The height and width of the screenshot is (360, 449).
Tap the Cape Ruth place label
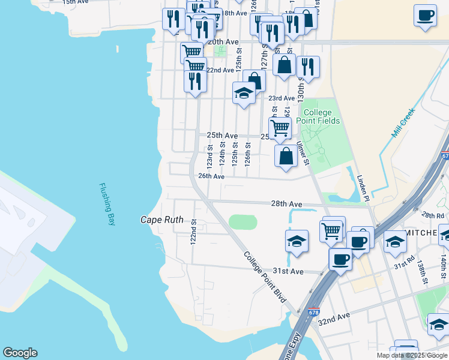(x=158, y=220)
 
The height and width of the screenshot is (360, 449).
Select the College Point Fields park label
(x=321, y=116)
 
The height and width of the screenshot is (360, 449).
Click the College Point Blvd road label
(x=265, y=277)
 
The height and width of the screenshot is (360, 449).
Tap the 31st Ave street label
(x=289, y=271)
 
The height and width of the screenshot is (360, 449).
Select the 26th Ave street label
(x=211, y=176)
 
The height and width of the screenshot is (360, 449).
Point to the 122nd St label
(x=194, y=230)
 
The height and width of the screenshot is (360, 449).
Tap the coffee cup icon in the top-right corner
(x=425, y=15)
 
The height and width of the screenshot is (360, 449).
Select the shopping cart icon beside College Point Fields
(x=280, y=127)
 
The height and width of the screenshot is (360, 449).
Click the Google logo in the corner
(x=20, y=353)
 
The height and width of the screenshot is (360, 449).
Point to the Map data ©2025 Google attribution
(x=412, y=355)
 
